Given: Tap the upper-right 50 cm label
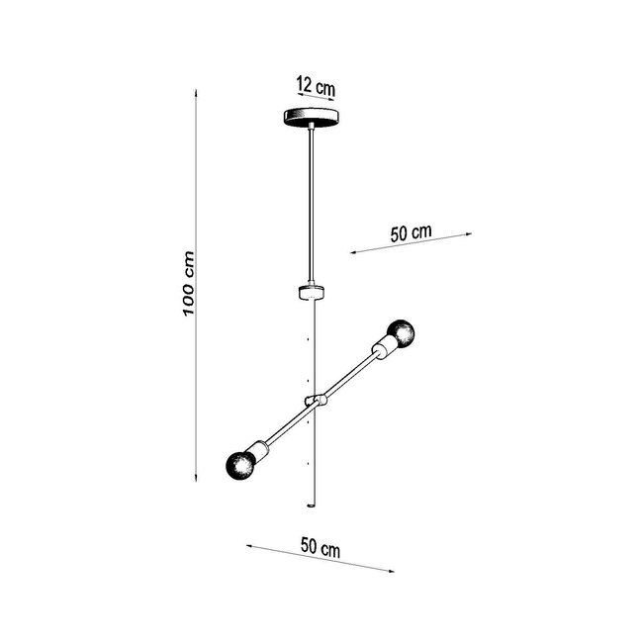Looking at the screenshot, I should tap(411, 233).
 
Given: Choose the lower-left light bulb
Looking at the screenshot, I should tap(240, 462).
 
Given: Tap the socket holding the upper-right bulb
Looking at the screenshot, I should tap(381, 346).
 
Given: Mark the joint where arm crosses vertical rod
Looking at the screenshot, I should tap(316, 400).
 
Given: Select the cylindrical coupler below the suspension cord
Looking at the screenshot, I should tap(312, 291).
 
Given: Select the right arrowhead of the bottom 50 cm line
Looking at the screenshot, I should tap(393, 571).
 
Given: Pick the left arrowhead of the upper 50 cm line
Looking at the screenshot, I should tap(351, 254).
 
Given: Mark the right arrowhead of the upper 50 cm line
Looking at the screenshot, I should tap(471, 234).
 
